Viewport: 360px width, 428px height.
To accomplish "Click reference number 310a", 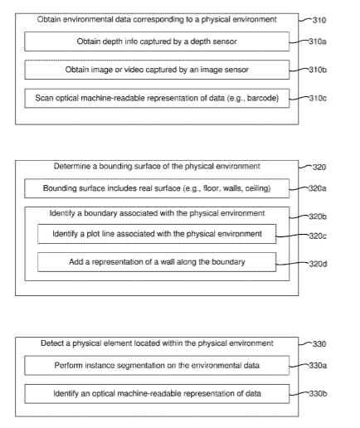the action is point(318,41).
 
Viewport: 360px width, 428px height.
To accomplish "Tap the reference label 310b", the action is point(318,70).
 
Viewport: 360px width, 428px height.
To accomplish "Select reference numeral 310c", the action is point(318,98).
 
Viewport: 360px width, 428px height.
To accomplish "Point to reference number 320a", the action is point(318,188).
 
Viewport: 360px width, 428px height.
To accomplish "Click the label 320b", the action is point(318,216).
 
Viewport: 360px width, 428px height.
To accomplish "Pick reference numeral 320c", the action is point(318,236).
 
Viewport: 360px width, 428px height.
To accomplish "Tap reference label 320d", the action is point(318,264).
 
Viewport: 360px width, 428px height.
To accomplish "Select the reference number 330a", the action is point(318,366).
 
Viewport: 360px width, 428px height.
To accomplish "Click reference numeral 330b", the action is point(318,393).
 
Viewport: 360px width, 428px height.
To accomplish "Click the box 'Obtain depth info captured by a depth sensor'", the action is point(157,41).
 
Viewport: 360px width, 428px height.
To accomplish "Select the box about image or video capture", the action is point(157,70).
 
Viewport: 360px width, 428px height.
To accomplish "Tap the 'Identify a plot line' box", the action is point(157,234).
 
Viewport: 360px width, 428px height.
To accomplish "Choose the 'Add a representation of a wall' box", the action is point(157,262).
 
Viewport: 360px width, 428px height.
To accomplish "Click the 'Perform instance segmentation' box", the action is point(157,366).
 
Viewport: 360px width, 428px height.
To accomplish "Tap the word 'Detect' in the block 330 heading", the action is point(52,343).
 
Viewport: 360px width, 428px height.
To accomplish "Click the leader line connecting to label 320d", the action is point(293,264).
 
